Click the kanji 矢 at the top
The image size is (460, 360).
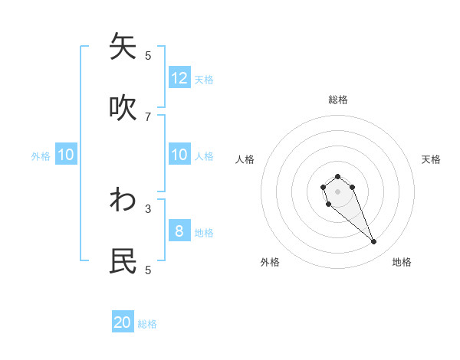(123, 47)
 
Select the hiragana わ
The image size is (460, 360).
(123, 200)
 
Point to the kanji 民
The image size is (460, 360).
(123, 261)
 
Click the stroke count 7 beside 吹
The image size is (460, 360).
(148, 116)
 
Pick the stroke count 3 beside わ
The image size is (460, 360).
(148, 208)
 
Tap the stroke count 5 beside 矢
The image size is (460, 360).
(148, 55)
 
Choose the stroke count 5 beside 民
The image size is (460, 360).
(148, 270)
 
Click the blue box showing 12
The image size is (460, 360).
(179, 78)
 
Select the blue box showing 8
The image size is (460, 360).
(179, 231)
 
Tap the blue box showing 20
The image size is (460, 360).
(123, 322)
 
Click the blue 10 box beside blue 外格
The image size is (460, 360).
(66, 155)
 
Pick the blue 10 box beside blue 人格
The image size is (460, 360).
(179, 155)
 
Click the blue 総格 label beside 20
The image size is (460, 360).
(147, 324)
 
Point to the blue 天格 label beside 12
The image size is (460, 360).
(204, 79)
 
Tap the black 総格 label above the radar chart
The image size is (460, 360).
(338, 100)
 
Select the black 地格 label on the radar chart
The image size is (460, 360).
(402, 262)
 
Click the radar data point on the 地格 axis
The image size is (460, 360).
(373, 242)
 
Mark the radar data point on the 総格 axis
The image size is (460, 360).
(337, 176)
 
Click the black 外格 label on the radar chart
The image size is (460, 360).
(269, 262)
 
